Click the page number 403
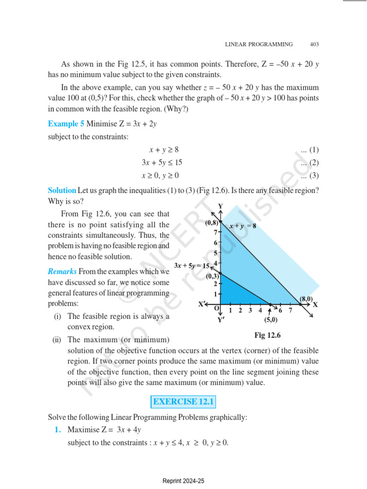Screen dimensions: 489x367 tap(314, 44)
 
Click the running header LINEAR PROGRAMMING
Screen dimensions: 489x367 tap(259, 44)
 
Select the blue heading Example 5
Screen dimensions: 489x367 tap(66, 124)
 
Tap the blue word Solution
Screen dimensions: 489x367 tap(62, 190)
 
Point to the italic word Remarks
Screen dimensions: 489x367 tap(62, 272)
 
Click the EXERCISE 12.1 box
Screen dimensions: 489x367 tap(183, 402)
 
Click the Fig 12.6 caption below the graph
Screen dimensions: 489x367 tap(268, 335)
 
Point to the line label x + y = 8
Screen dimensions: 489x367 tap(242, 226)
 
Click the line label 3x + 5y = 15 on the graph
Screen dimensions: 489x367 tap(192, 266)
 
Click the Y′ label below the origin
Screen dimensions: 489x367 tap(220, 320)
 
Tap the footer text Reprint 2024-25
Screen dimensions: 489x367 tap(183, 481)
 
